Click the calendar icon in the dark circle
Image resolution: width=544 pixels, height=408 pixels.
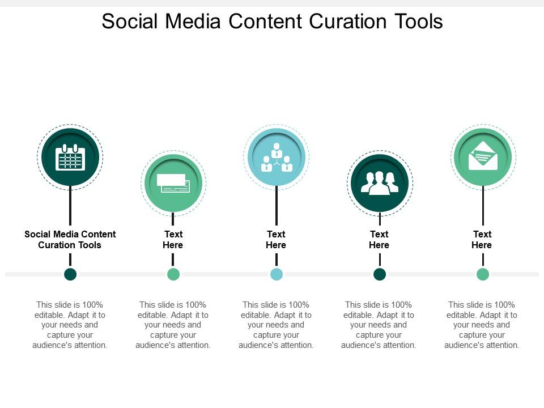[70, 157]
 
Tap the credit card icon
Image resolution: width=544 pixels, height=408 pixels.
[173, 183]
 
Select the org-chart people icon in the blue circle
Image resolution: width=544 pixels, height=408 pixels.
[276, 157]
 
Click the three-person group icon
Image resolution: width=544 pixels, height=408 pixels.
[380, 183]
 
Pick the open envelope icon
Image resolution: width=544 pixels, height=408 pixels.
[483, 156]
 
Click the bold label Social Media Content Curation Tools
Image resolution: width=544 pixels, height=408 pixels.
[70, 240]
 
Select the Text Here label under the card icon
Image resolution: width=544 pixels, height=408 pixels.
[173, 240]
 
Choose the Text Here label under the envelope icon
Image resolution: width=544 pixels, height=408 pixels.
[482, 240]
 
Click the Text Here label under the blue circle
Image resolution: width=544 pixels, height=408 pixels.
[276, 240]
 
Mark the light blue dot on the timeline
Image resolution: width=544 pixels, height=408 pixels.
[277, 274]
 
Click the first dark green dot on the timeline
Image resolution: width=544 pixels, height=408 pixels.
[70, 274]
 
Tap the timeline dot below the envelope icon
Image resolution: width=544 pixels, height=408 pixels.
[483, 274]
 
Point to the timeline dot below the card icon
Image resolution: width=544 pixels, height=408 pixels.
[173, 274]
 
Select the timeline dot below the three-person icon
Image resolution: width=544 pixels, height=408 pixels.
[380, 274]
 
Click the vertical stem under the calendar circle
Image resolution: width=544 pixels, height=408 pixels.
[70, 205]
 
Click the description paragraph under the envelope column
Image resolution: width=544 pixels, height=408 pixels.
[482, 325]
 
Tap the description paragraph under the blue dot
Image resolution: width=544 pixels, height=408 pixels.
[276, 325]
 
